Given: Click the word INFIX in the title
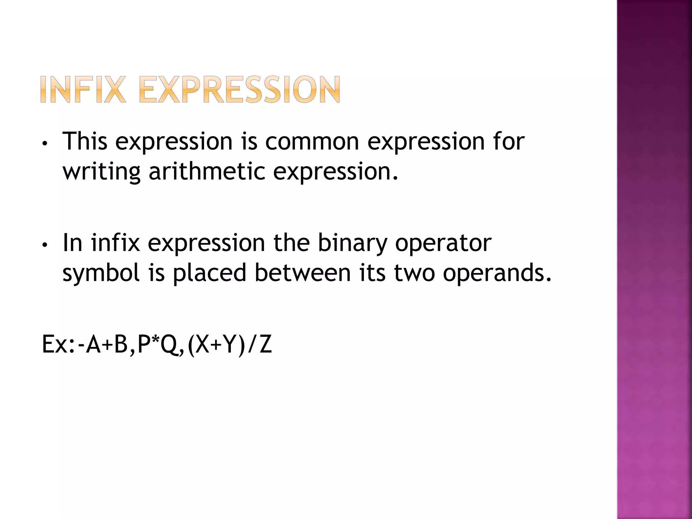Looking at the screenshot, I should (83, 89).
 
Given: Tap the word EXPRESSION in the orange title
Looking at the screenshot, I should (239, 89).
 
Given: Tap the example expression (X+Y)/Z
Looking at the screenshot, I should (230, 344).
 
